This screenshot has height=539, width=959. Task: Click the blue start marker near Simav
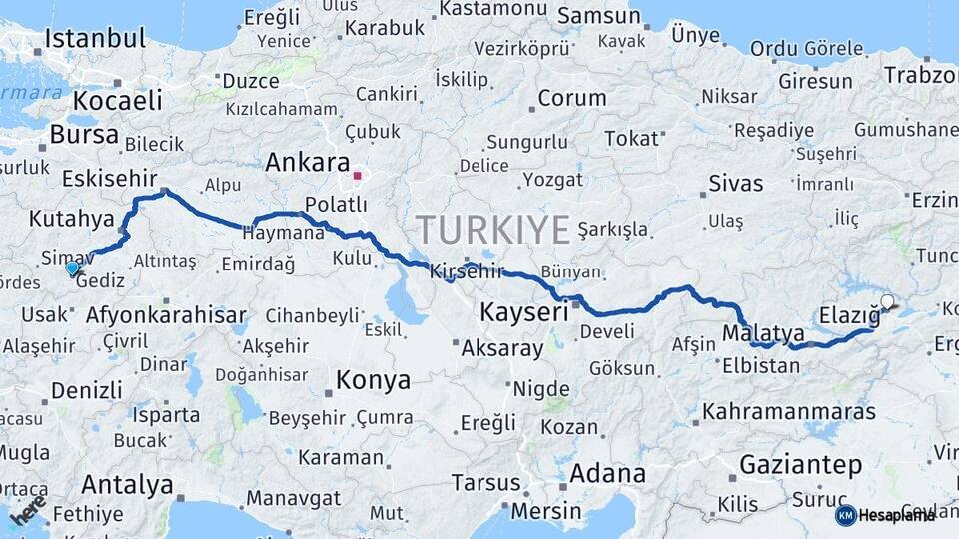click(x=72, y=268)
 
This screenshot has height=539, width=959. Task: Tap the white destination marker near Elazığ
click(x=887, y=301)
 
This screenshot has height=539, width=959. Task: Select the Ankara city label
click(x=307, y=162)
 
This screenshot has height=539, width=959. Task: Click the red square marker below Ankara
click(x=357, y=176)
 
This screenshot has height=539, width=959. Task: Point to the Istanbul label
click(x=96, y=39)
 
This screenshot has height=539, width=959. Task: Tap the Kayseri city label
click(x=524, y=311)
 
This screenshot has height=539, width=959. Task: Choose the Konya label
click(x=373, y=380)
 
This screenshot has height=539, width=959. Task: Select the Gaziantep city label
click(x=800, y=464)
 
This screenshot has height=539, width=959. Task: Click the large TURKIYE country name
click(x=493, y=230)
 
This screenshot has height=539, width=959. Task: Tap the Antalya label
click(x=127, y=485)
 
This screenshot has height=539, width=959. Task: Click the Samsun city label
click(x=598, y=16)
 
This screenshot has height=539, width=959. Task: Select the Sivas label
click(x=735, y=183)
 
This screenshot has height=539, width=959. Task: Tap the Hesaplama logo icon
click(x=846, y=515)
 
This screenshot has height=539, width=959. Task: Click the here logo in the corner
click(x=28, y=509)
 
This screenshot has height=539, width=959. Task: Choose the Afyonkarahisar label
click(x=166, y=315)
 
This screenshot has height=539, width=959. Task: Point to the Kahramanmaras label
click(x=789, y=411)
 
